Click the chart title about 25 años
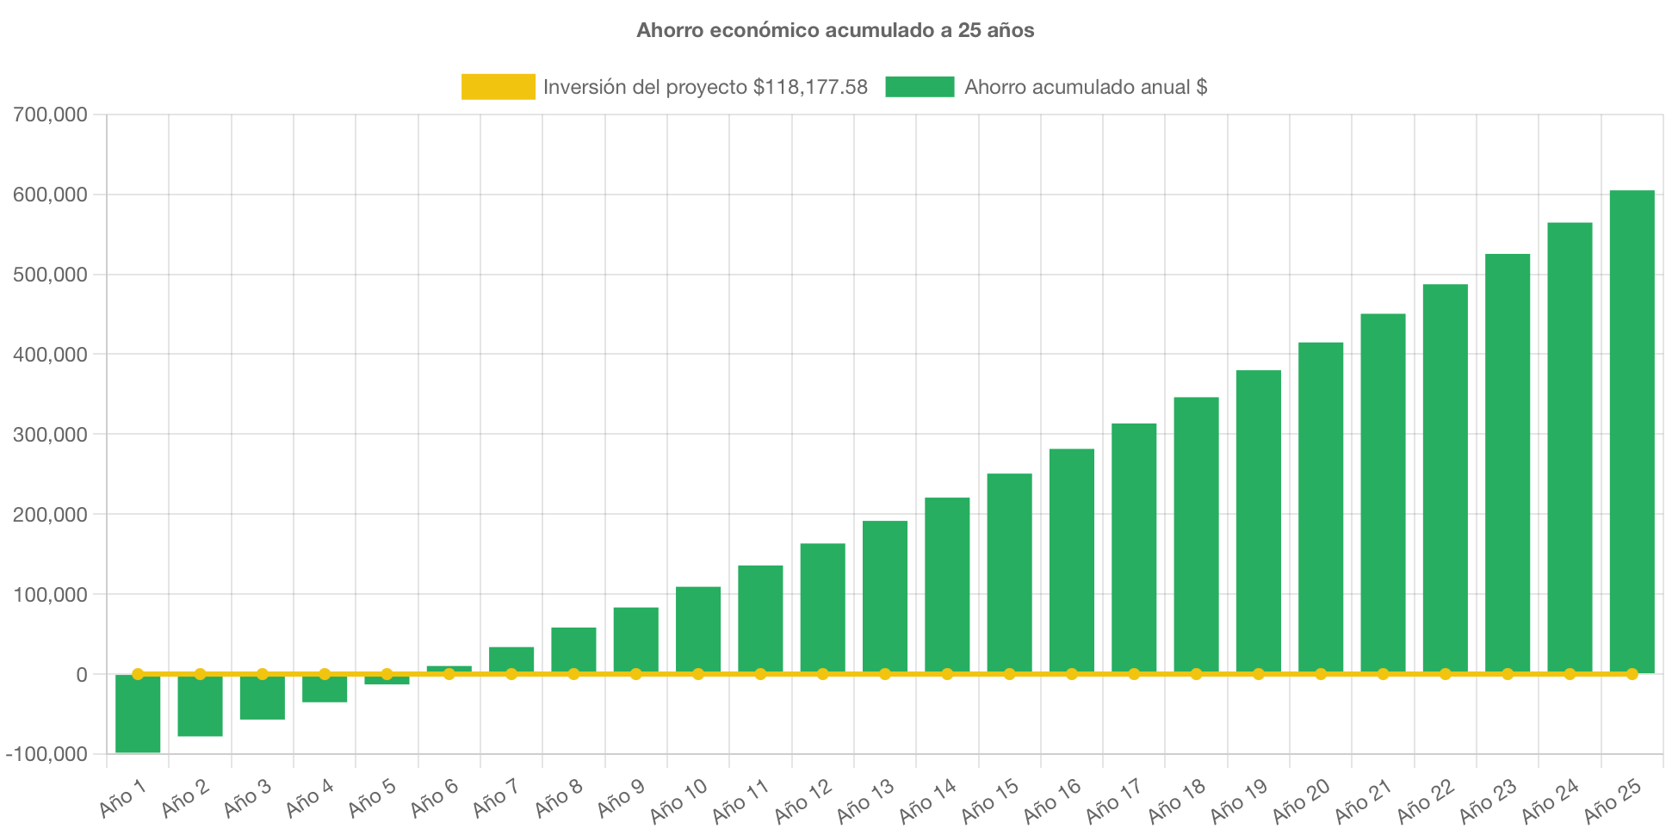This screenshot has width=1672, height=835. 835,30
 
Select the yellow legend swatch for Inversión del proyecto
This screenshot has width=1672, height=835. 498,87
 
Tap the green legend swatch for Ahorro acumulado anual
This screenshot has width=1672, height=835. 920,87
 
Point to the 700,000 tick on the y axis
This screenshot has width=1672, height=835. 50,114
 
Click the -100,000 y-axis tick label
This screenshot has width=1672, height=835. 46,754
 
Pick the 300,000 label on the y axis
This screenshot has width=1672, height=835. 50,435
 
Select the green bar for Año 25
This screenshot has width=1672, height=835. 1632,430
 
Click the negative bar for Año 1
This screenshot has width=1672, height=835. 138,714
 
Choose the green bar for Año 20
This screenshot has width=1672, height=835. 1321,508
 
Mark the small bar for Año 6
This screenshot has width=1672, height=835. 449,668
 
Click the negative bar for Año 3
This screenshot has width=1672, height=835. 262,698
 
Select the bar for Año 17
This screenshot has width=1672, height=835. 1134,547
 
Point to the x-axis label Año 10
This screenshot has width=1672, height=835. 678,801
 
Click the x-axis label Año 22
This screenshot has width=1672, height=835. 1425,801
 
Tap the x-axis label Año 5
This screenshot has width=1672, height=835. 372,799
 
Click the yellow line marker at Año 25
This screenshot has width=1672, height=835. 1632,674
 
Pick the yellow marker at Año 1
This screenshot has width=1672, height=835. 138,674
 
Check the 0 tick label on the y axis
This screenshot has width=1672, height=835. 81,675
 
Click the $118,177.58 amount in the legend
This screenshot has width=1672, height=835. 810,87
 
